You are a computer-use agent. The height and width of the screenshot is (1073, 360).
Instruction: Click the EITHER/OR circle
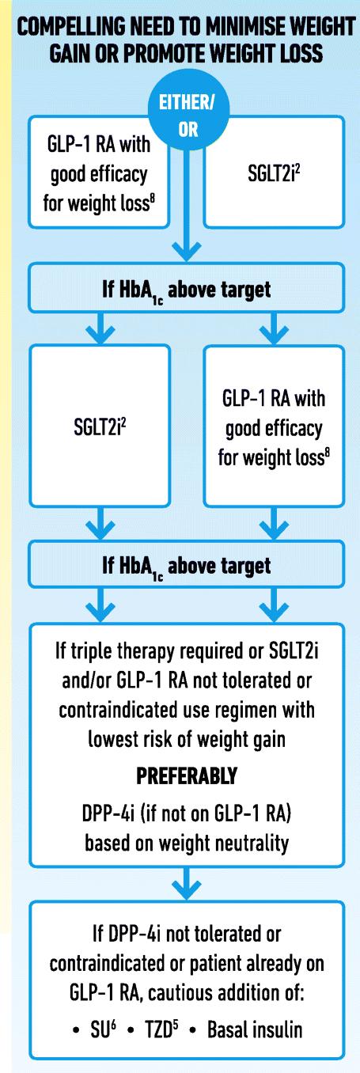click(188, 115)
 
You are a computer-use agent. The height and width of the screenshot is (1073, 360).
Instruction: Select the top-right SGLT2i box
click(274, 172)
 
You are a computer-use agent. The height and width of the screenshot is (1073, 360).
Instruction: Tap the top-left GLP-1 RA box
click(99, 172)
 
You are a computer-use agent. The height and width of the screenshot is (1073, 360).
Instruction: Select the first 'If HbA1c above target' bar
click(187, 288)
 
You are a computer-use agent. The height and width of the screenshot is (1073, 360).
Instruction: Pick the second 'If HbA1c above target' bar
click(187, 565)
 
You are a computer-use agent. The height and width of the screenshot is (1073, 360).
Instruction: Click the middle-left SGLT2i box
click(100, 427)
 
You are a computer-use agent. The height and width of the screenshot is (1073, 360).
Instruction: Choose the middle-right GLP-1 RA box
click(274, 427)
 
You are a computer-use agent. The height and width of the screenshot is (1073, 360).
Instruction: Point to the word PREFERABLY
click(187, 775)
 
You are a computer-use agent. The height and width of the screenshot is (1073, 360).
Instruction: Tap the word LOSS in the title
click(298, 53)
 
